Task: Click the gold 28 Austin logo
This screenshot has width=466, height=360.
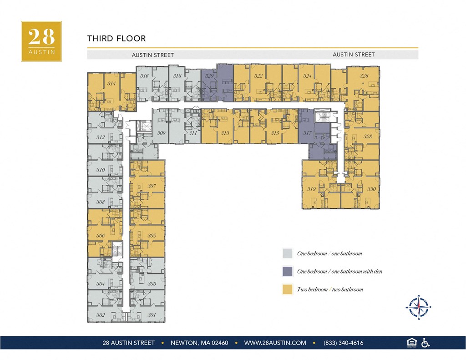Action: pos(41,41)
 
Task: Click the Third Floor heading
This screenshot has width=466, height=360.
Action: pos(116,39)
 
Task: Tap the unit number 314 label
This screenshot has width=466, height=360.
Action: pos(111,84)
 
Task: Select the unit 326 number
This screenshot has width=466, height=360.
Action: pos(364,76)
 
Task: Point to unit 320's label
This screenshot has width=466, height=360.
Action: pos(209,76)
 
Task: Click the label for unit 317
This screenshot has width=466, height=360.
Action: pos(307,133)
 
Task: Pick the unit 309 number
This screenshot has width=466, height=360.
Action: pos(161,133)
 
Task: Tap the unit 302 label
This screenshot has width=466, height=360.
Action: pos(101,315)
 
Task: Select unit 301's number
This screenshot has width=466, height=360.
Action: pos(152,315)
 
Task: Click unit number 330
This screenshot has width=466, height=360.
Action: pos(372,189)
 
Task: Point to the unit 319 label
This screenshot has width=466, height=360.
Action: pos(311,189)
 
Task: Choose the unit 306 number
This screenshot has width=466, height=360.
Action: pos(101,236)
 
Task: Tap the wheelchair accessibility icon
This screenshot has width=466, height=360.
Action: pos(425,343)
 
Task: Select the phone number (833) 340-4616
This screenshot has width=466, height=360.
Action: pos(343,343)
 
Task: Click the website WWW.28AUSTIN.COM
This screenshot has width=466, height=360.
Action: pos(275,343)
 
